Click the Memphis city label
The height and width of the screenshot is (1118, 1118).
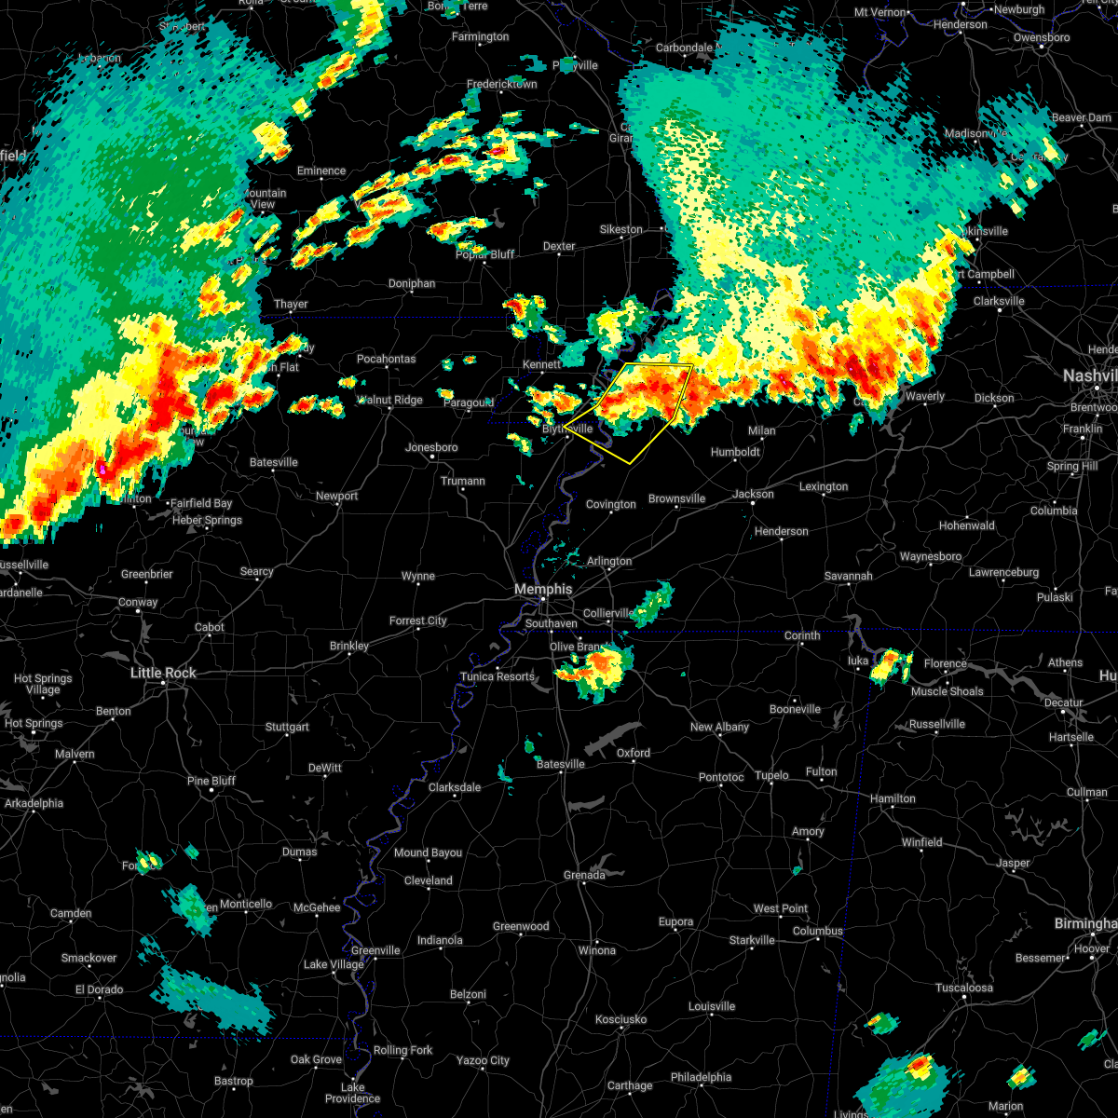tap(543, 590)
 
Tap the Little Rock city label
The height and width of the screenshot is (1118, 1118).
tap(163, 673)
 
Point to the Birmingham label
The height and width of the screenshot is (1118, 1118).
tap(1085, 923)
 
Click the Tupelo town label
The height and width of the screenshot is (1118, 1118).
tap(771, 775)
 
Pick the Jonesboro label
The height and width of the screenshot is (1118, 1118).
tap(431, 447)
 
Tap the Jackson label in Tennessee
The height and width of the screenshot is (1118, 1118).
tap(753, 494)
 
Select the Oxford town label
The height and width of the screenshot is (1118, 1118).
tap(634, 753)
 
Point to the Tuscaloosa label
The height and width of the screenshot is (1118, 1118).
tap(964, 988)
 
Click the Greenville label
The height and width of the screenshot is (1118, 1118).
tap(375, 950)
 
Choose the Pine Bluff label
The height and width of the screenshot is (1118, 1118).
tap(211, 781)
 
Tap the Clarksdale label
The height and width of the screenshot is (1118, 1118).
tap(455, 787)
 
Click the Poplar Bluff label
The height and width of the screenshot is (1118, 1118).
tap(484, 254)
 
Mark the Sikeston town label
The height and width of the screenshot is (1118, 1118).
tap(620, 229)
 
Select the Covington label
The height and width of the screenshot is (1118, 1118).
tap(610, 504)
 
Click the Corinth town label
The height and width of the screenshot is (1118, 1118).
tap(801, 635)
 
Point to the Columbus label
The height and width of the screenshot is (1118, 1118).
tap(818, 931)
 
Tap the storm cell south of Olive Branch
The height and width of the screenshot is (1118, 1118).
tap(596, 669)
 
